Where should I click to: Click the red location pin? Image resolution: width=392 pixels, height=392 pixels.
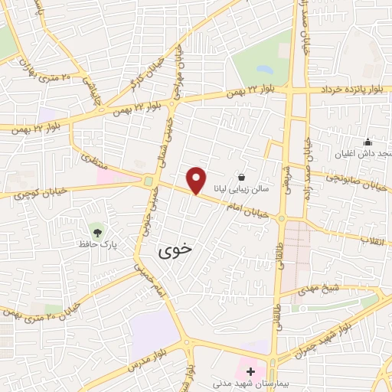(197, 179)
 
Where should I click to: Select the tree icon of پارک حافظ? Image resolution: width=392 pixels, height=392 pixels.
(96, 230)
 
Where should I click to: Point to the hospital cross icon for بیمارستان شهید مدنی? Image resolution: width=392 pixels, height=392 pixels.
(250, 370)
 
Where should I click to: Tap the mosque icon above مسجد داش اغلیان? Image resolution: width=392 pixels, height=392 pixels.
(367, 142)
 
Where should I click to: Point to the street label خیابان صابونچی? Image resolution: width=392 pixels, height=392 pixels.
(360, 181)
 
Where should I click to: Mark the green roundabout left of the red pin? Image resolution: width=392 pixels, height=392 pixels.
(147, 181)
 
